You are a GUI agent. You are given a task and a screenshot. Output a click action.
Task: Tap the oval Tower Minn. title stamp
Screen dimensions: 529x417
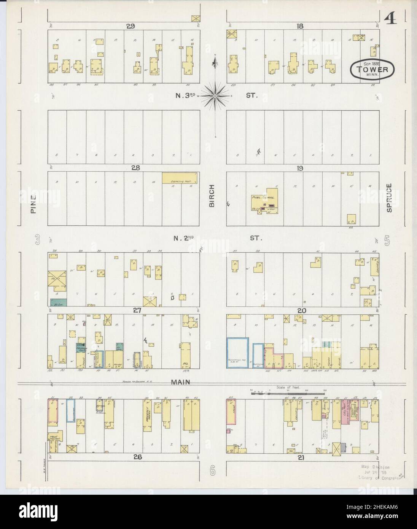[x=372, y=69]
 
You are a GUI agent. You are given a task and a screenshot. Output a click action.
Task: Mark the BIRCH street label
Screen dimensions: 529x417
[x=212, y=196]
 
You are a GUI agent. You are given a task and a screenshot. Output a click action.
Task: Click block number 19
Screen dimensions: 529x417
[x=300, y=167]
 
